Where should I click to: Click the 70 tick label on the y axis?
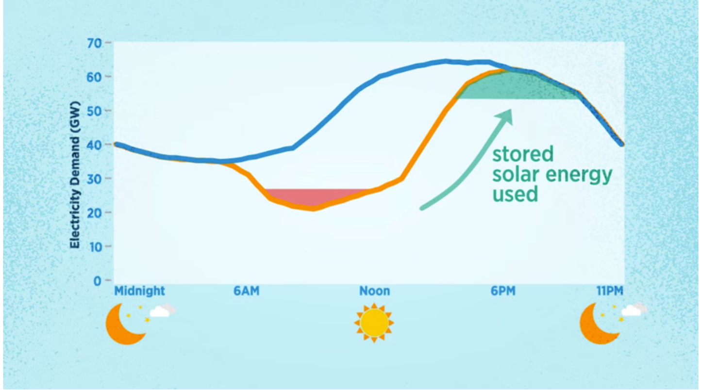click(x=94, y=44)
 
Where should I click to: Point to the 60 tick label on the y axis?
click(x=94, y=77)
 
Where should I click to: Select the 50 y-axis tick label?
click(x=94, y=112)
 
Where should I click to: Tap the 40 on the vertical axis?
click(x=94, y=145)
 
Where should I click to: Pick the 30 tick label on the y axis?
click(x=94, y=179)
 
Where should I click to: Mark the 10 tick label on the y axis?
click(x=95, y=247)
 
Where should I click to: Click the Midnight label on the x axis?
click(x=140, y=291)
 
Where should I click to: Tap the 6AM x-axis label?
click(x=247, y=291)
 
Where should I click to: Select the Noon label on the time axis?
click(x=375, y=291)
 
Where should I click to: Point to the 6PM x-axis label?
click(x=503, y=291)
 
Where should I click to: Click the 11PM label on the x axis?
click(x=610, y=291)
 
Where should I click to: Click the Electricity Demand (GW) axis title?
click(x=75, y=175)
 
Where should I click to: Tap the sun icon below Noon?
click(x=374, y=323)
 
